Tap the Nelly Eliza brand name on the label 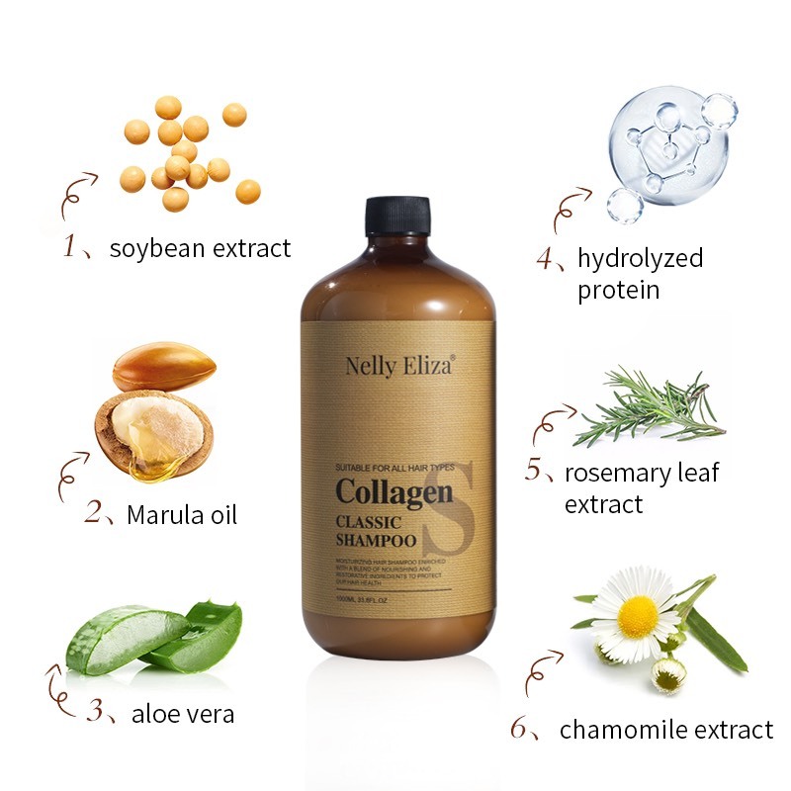click(x=399, y=366)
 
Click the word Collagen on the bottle click(x=394, y=490)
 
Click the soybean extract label click(x=200, y=248)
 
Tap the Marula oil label click(x=182, y=515)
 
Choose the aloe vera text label click(x=183, y=713)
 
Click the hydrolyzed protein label click(x=640, y=274)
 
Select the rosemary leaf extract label click(x=642, y=487)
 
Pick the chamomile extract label click(x=665, y=731)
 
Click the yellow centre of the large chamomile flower click(x=638, y=617)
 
